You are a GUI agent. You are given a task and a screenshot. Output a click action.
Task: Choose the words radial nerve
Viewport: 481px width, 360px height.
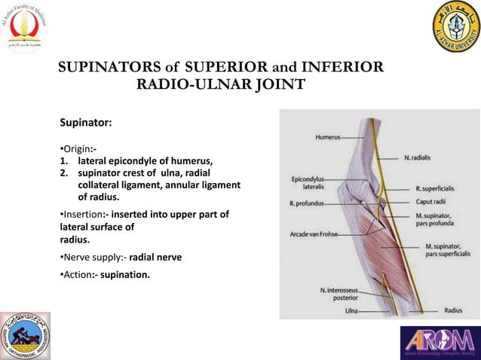(155, 257)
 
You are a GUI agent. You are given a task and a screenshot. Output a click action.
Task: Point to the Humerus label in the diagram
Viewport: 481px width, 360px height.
(326, 137)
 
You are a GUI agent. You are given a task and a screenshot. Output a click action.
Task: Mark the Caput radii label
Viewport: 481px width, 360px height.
(430, 202)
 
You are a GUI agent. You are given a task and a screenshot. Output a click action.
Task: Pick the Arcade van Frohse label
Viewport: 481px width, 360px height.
(313, 235)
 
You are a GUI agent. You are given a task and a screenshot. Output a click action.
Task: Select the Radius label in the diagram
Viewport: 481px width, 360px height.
(454, 309)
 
